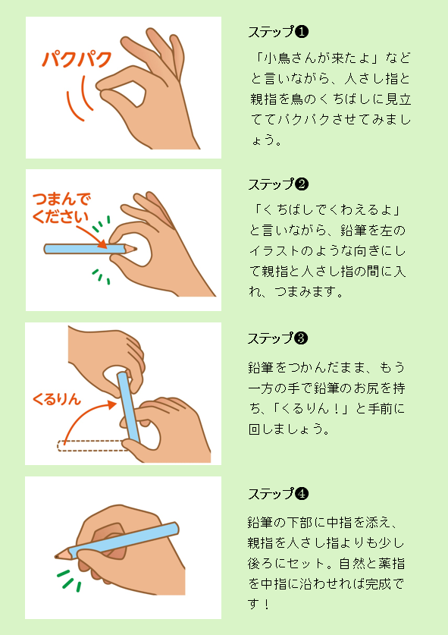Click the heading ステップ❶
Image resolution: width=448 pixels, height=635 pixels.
(277, 32)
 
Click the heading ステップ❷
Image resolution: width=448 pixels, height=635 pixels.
(277, 184)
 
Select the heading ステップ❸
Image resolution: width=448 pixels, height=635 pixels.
(277, 338)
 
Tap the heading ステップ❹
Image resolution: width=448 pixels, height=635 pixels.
(277, 494)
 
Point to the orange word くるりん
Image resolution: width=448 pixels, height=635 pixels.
(57, 399)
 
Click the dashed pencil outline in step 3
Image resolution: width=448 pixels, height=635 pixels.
(89, 446)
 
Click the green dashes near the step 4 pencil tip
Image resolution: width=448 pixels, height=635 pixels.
(67, 581)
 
